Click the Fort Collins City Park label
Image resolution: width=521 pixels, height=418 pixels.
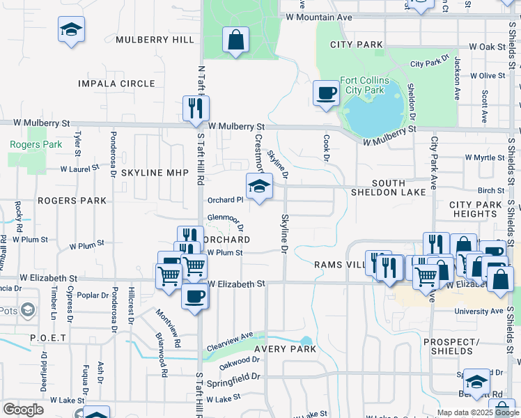364,85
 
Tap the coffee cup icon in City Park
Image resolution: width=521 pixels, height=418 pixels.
325,93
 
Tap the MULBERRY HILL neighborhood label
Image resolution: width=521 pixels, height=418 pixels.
155,40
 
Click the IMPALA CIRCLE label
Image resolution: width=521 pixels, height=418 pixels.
127,84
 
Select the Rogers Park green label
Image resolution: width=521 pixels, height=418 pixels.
26,145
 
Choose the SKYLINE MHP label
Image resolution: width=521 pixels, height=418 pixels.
151,172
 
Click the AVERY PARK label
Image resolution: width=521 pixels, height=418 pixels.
285,348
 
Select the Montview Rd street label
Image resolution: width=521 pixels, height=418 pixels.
168,329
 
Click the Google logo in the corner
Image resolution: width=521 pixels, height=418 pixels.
23,410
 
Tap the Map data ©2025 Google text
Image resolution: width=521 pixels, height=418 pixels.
477,412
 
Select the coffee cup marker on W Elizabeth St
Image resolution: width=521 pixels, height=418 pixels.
194,295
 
